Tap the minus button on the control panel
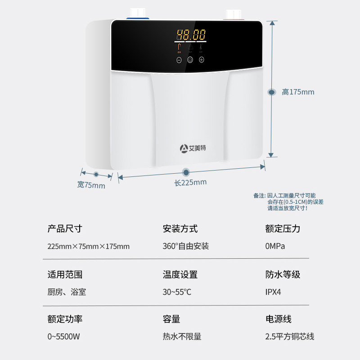pos(179,59)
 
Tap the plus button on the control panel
pos(201,59)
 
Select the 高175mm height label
pos(298,92)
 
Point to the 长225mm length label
pos(190,182)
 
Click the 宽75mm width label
pos(91,184)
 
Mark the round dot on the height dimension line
pos(272,92)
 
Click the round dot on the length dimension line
pos(186,172)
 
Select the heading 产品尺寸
pos(65,229)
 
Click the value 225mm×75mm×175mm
pos(88,246)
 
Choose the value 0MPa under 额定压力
pos(275,246)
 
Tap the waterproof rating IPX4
pos(273,292)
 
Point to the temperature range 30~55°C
pos(177,292)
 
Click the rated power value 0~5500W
pos(64,336)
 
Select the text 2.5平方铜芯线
pos(290,336)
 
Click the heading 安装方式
pos(180,229)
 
